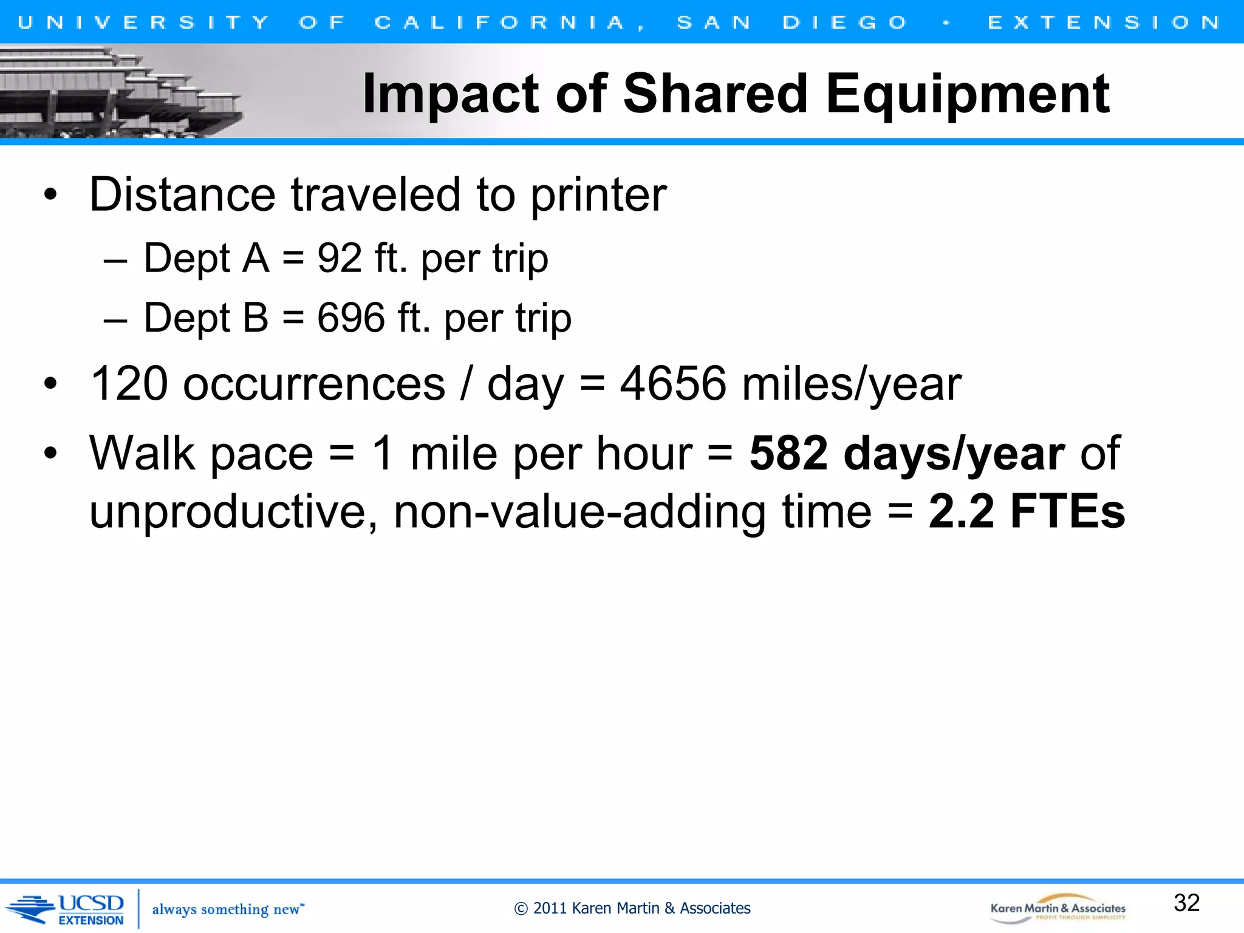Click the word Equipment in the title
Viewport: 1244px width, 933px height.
point(967,94)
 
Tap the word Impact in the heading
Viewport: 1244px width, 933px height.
point(450,94)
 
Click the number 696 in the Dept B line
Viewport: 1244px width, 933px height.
point(351,318)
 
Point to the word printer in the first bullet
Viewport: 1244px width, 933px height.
point(598,195)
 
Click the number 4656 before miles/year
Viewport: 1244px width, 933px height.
point(672,384)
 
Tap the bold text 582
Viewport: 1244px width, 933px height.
point(788,454)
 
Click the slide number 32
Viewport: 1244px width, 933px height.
point(1186,903)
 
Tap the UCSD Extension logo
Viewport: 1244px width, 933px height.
point(67,909)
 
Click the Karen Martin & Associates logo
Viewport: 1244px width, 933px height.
point(1058,909)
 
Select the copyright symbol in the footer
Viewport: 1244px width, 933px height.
point(521,909)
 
